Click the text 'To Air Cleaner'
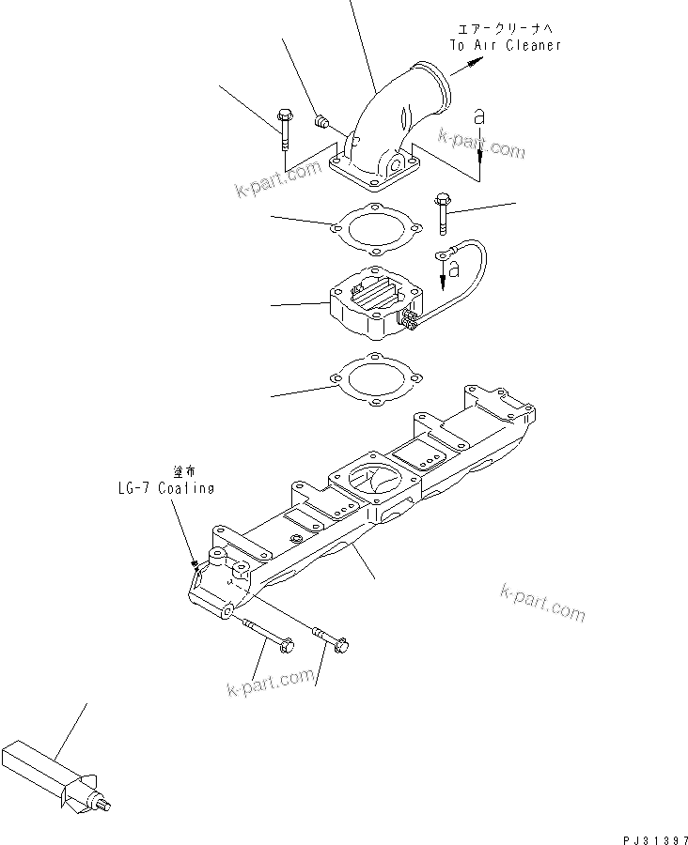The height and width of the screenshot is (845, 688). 505,45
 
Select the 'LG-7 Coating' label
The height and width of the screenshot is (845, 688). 160,488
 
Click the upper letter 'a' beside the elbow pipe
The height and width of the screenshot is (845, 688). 479,117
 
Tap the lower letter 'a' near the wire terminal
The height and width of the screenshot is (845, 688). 453,269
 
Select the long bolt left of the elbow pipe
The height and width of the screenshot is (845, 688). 285,131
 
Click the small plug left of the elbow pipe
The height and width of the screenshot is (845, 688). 320,120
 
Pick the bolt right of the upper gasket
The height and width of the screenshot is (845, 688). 442,214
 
